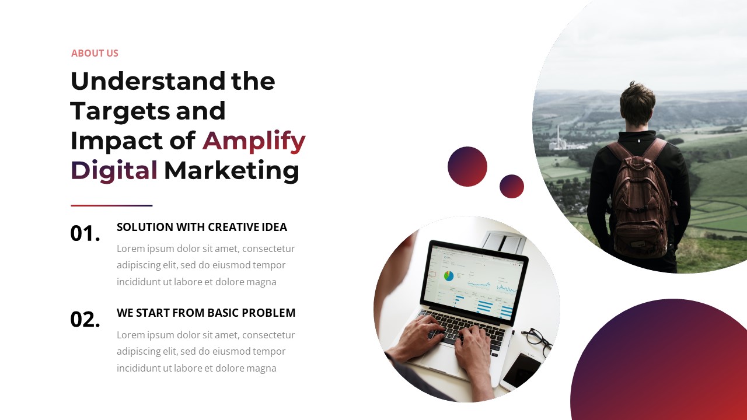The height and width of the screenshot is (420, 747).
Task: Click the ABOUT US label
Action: [95, 53]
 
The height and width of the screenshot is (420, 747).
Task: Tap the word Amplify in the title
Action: [254, 141]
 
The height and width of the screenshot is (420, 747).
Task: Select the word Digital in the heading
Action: [114, 171]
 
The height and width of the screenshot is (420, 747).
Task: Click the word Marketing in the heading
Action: [232, 171]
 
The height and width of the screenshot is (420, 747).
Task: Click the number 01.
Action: [85, 233]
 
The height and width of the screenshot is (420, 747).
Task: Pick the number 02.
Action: [85, 320]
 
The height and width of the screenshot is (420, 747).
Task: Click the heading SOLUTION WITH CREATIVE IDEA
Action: [202, 227]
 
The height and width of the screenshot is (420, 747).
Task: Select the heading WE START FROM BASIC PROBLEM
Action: [206, 313]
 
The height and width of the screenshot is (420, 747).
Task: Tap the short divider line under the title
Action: [111, 205]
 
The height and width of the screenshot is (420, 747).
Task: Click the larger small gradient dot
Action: [467, 166]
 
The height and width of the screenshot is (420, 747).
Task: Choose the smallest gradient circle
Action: [512, 186]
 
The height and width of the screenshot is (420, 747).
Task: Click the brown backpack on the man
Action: [640, 198]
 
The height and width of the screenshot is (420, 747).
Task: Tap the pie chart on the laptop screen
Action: [449, 276]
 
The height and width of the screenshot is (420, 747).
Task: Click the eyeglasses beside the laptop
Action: [537, 341]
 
